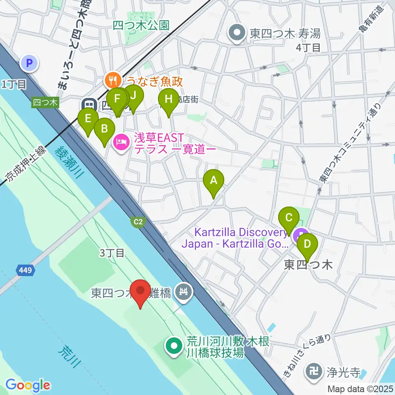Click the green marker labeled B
[x=104, y=129]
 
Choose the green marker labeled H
[x=168, y=100]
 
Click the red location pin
[x=141, y=291]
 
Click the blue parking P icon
[x=29, y=63]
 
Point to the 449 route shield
[x=26, y=270]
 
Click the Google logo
[x=28, y=386]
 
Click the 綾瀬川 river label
[x=68, y=163]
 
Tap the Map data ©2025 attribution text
[x=360, y=388]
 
